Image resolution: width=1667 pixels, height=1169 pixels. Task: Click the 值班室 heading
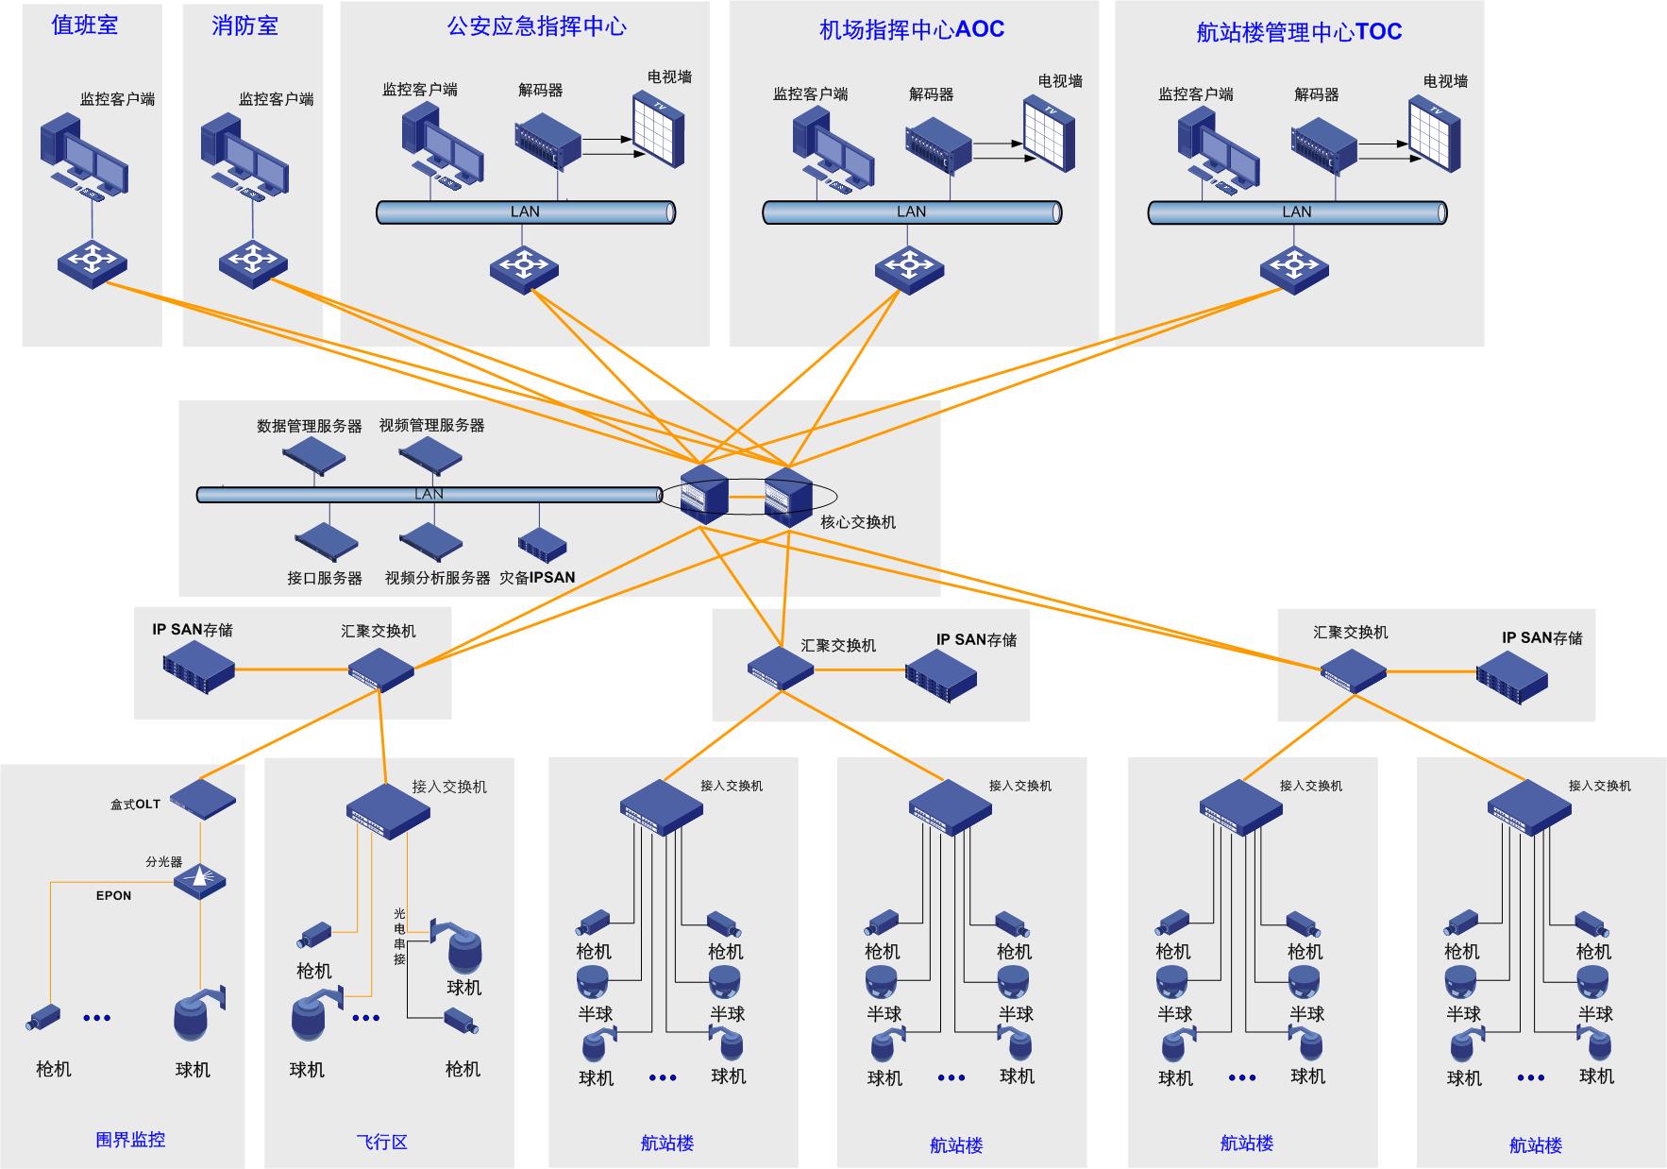pos(85,25)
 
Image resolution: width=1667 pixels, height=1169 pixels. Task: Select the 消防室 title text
pos(245,26)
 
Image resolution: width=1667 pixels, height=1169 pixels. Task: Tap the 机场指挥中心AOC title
pos(912,30)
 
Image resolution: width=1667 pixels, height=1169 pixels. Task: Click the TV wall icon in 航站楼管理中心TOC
pos(1435,134)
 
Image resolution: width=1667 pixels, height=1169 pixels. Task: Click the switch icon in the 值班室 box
pos(92,262)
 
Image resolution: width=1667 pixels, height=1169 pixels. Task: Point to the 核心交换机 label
pos(858,522)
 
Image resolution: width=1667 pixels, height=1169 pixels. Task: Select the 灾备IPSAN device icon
pos(542,544)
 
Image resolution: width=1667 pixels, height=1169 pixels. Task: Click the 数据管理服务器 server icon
pos(314,455)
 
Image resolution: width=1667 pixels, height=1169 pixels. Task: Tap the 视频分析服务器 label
pos(437,578)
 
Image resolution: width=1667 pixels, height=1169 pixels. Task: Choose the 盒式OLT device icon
pos(203,799)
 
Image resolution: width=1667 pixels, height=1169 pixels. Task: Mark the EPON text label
pos(113,896)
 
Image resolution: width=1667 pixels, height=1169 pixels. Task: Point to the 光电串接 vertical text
pos(399,937)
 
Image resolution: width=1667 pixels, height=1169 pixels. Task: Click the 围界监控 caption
pos(130,1140)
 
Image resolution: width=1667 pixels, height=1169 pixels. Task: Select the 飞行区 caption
pos(382,1142)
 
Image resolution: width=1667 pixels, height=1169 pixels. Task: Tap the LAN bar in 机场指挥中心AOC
pos(912,212)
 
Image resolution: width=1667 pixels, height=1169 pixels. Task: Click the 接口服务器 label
pos(325,578)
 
